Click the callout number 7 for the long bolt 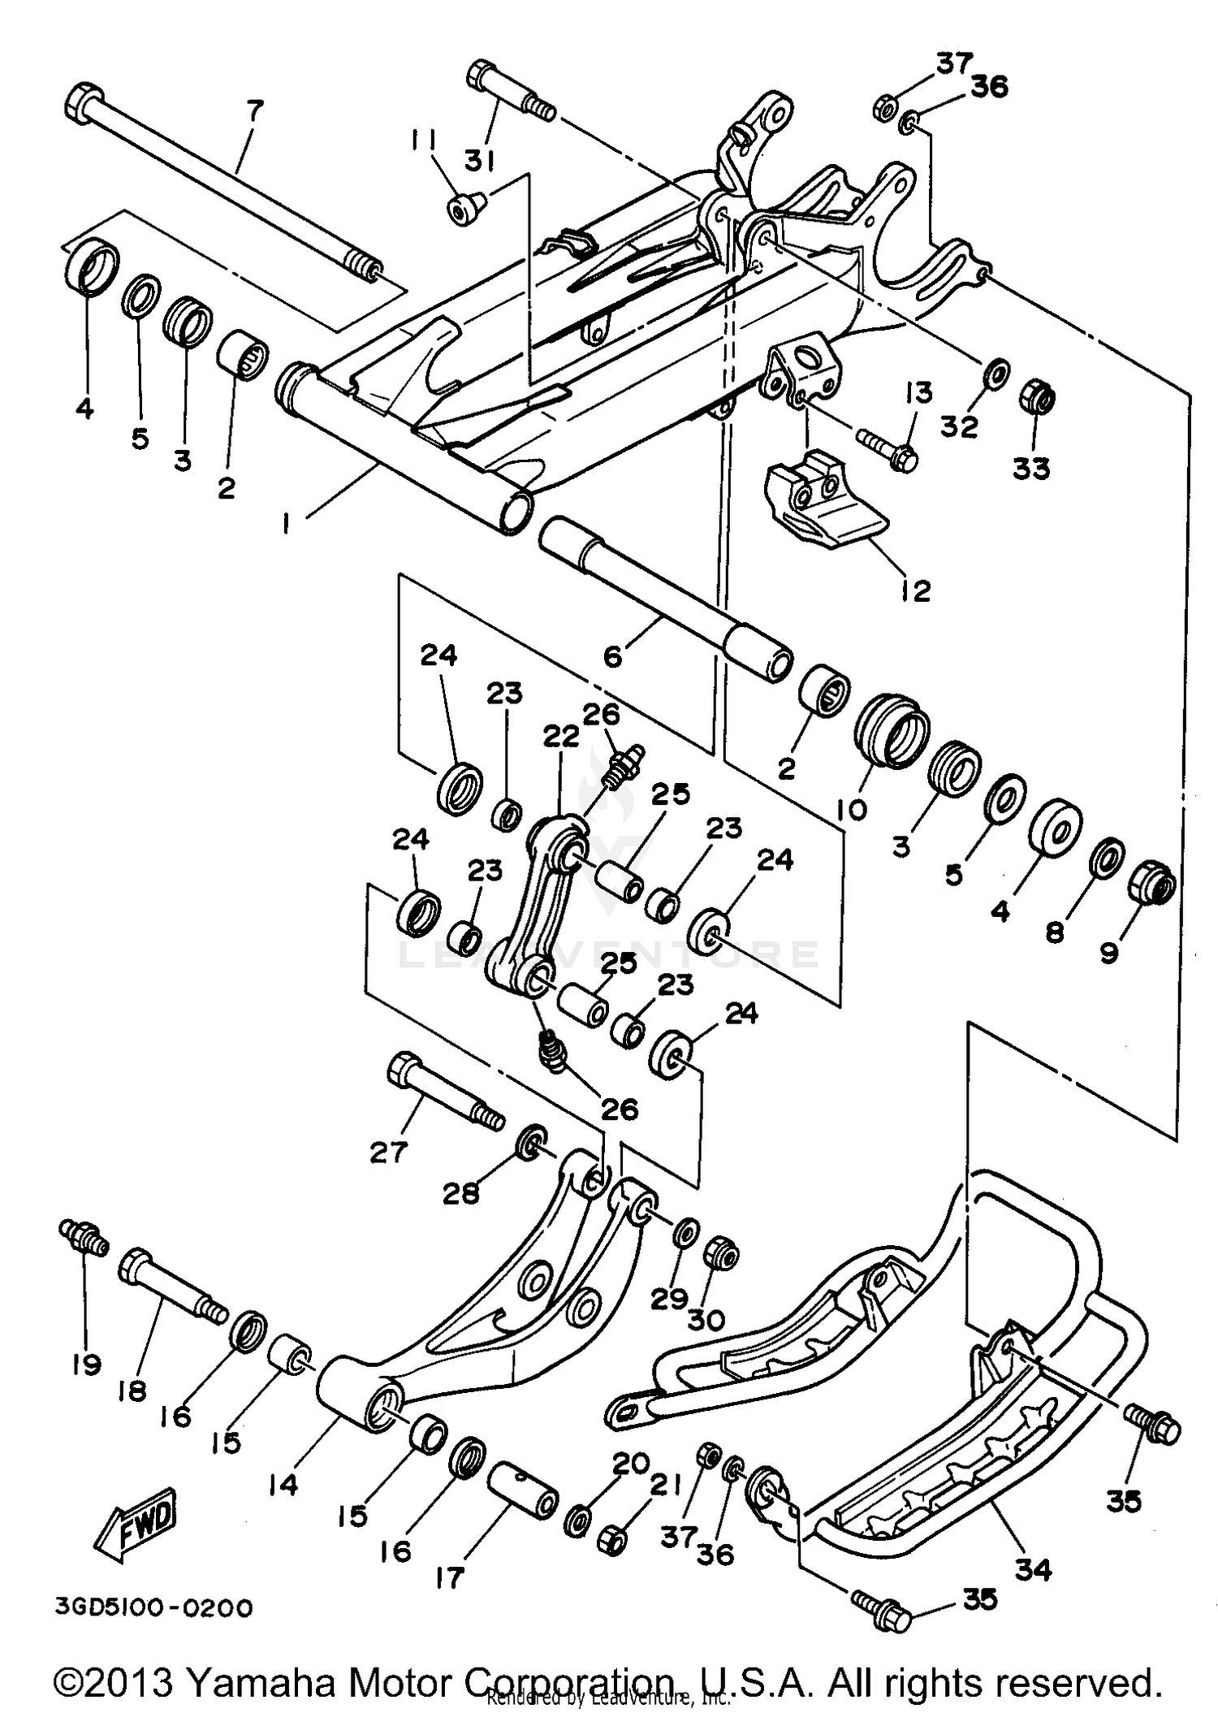pyautogui.click(x=255, y=110)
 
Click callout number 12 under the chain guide pyautogui.click(x=915, y=590)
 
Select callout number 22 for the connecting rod pyautogui.click(x=560, y=737)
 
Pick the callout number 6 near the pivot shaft pyautogui.click(x=613, y=655)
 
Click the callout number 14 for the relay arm pyautogui.click(x=283, y=1485)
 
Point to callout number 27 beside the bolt pyautogui.click(x=387, y=1152)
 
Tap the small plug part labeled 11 pyautogui.click(x=464, y=210)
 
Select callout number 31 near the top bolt pyautogui.click(x=480, y=162)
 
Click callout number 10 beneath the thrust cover pyautogui.click(x=853, y=808)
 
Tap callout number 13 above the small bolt pyautogui.click(x=918, y=392)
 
